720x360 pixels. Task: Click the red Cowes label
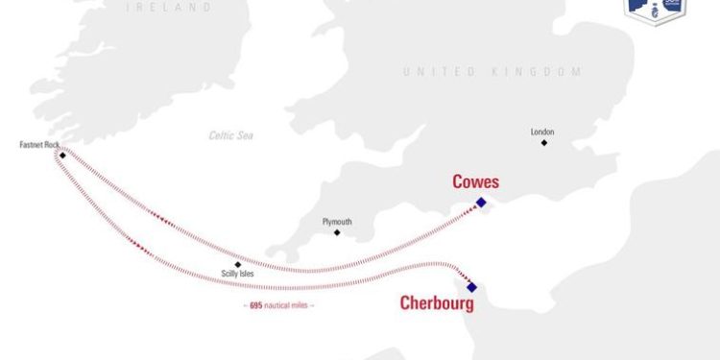point(476,181)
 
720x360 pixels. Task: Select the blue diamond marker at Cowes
point(481,202)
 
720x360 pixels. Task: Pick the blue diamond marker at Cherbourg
point(471,286)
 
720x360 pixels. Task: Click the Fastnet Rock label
point(39,145)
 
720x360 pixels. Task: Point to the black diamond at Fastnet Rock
point(62,155)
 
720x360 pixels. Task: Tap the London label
point(542,132)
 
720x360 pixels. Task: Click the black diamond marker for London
point(543,143)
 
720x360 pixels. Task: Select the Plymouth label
point(337,222)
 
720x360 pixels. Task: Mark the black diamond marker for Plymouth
point(336,232)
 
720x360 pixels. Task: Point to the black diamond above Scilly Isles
point(237,264)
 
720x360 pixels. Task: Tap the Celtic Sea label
point(231,135)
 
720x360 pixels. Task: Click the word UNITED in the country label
point(438,72)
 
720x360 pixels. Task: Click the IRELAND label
point(170,7)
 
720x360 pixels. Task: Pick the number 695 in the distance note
point(256,305)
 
